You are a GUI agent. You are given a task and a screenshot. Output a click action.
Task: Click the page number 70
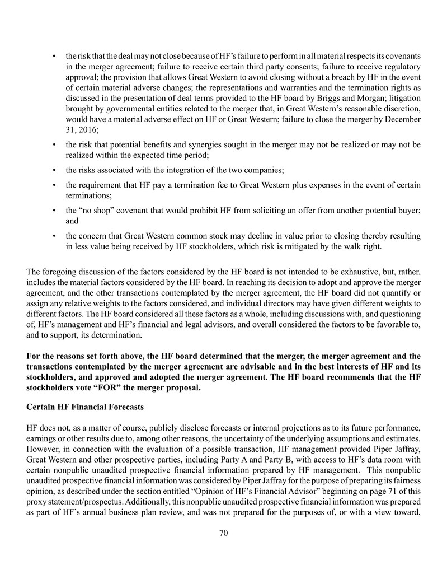click(223, 533)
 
